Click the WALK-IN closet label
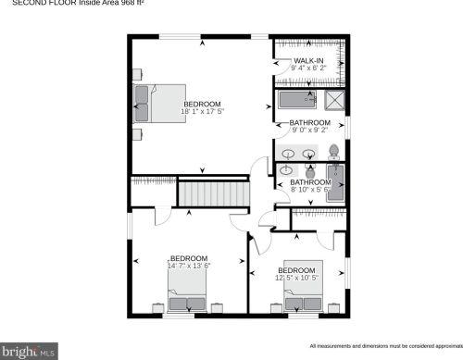click(x=309, y=61)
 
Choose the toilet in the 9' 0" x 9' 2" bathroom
click(x=334, y=152)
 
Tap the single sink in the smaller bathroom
click(x=287, y=170)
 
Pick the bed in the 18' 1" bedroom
click(x=153, y=102)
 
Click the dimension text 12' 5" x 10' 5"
click(x=297, y=278)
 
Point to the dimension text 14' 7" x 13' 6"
click(x=189, y=266)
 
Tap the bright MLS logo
click(x=30, y=352)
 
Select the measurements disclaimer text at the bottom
click(x=384, y=345)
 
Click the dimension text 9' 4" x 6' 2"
click(x=309, y=68)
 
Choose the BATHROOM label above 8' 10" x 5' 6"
click(x=310, y=182)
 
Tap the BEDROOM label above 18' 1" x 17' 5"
click(x=203, y=104)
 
